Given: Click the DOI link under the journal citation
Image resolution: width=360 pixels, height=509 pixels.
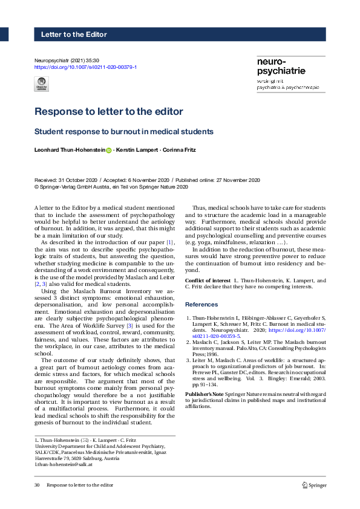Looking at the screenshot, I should [x=85, y=67].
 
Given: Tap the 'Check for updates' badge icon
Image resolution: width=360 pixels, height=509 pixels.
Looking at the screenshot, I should [x=42, y=84].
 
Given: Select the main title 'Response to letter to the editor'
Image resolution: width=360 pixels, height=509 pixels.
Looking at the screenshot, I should [x=109, y=112].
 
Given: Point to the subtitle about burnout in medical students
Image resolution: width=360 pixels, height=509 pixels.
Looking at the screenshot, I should [x=124, y=131].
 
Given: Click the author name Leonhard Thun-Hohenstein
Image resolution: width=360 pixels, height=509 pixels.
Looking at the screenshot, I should [x=70, y=150].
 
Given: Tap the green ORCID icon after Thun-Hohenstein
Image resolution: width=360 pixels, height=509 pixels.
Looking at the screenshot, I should [x=109, y=150].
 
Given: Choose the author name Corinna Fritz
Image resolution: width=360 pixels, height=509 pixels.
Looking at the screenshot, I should [x=179, y=150].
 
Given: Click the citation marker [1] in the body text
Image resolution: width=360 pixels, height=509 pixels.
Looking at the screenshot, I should [x=170, y=242].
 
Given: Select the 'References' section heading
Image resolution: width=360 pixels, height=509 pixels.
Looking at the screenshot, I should [x=201, y=304].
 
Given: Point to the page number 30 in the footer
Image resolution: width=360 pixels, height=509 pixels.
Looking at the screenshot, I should [x=37, y=485].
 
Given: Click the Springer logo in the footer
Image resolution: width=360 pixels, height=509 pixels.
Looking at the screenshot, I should [x=314, y=485].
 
